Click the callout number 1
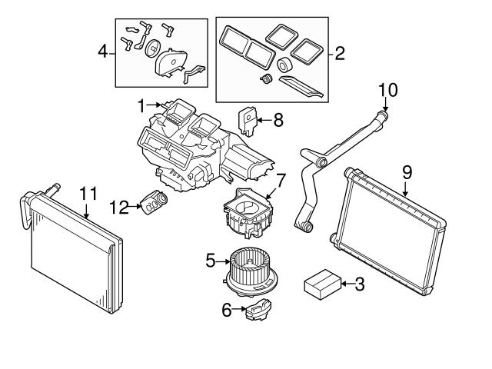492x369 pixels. click(141, 104)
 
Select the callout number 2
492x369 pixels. click(339, 54)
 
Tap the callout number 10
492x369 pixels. click(387, 89)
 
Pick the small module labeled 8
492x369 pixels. click(248, 119)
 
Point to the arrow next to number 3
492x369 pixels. click(345, 284)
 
